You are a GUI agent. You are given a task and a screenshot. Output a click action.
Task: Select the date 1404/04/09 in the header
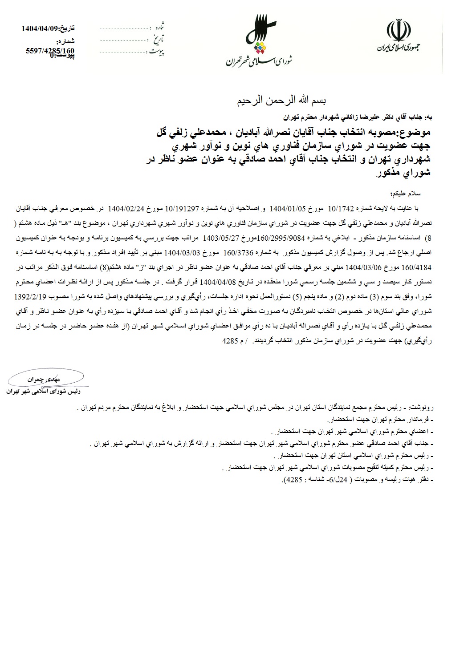pos(40,28)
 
